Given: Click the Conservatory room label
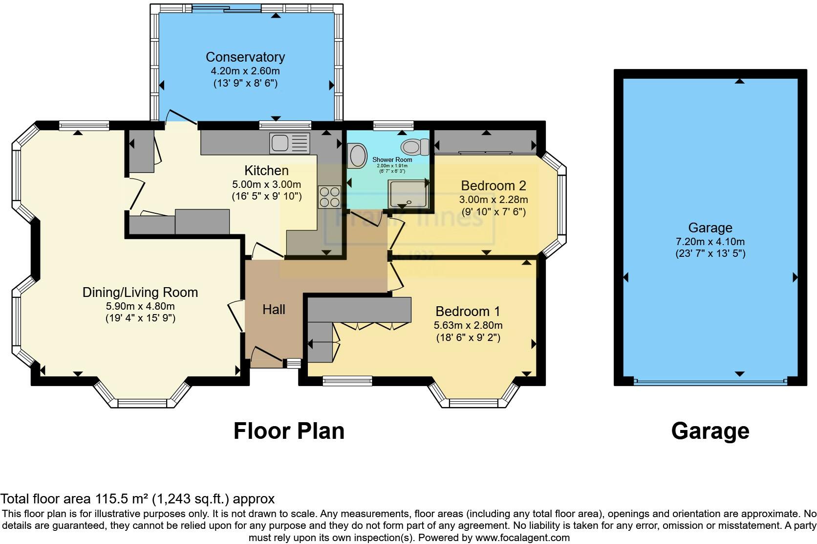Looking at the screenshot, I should [x=245, y=57].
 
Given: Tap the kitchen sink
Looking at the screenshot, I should [x=280, y=143].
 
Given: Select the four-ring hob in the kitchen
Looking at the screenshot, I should [x=329, y=197].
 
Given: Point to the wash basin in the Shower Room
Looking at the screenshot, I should [x=358, y=155].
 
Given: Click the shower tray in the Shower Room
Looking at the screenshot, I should [x=408, y=194].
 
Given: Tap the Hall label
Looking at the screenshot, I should [x=274, y=309].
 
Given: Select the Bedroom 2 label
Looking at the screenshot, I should [x=494, y=186].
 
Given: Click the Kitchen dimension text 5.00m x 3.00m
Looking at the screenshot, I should [x=266, y=184].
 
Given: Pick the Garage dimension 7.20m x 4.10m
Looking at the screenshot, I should [x=710, y=241].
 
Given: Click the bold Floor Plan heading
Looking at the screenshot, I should [x=289, y=431].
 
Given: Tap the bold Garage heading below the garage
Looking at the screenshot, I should [x=710, y=431].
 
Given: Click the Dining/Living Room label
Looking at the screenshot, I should [x=140, y=293].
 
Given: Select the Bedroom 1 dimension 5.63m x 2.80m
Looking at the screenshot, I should [x=468, y=325].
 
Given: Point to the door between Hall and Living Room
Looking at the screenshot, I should [x=237, y=316].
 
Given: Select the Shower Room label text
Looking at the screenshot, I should [x=392, y=159].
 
